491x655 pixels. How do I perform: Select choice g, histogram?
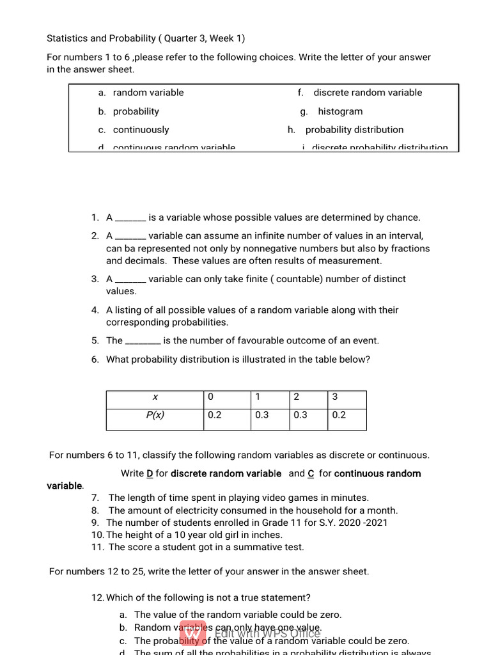[x=339, y=111]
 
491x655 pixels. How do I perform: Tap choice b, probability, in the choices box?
[x=136, y=111]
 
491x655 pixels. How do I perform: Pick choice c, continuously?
[x=141, y=130]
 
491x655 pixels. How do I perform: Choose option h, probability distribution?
[x=354, y=130]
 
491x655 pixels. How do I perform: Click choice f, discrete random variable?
[x=368, y=93]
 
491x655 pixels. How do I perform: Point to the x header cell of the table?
[x=155, y=397]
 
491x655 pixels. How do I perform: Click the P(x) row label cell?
[x=155, y=415]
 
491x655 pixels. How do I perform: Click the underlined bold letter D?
[x=150, y=474]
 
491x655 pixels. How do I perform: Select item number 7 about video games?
[x=238, y=498]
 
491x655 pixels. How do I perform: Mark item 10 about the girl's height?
[x=194, y=535]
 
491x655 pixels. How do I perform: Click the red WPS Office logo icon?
[x=193, y=633]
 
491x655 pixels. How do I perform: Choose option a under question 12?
[x=238, y=615]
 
